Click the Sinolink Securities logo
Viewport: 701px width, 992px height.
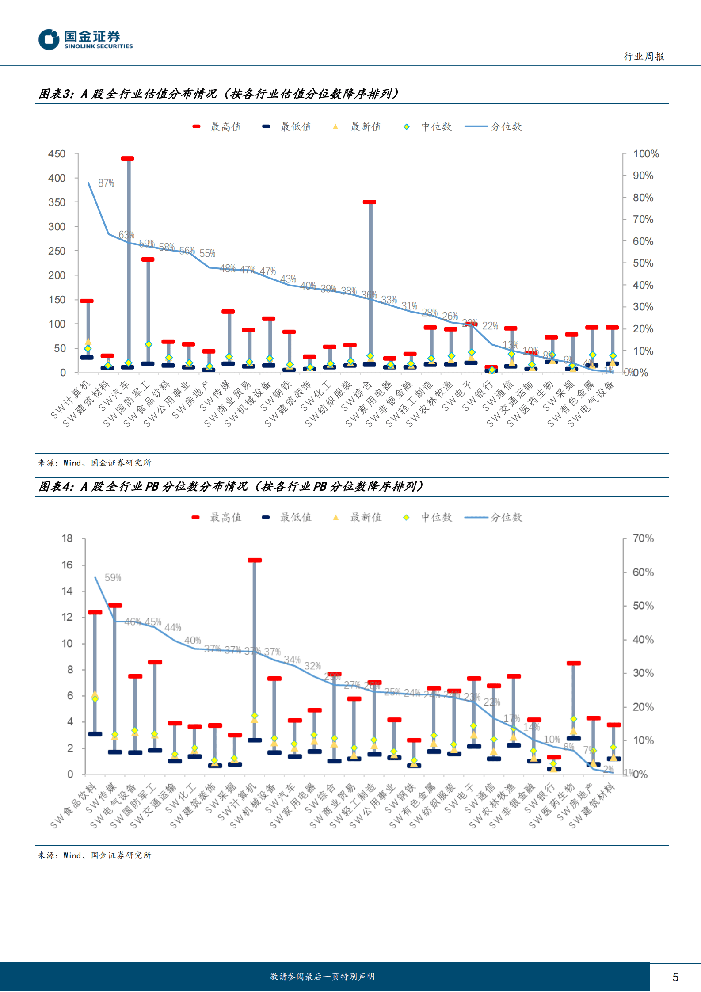[85, 39]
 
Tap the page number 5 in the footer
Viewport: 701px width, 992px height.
[675, 977]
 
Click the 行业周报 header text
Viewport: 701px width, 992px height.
[644, 57]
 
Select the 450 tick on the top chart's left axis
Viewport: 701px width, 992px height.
[57, 154]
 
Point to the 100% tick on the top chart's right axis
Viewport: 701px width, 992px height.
[646, 154]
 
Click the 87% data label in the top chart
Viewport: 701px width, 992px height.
[106, 183]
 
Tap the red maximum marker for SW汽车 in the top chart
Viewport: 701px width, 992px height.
[128, 159]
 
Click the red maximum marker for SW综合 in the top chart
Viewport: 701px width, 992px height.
[370, 202]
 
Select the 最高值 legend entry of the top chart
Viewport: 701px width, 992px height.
[217, 127]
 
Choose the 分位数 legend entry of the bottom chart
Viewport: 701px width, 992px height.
[493, 517]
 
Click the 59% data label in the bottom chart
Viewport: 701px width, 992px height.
[113, 577]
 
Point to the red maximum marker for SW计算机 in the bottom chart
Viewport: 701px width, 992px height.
[255, 560]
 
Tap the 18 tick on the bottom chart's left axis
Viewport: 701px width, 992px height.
[67, 538]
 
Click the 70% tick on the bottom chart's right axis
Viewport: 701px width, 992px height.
[643, 538]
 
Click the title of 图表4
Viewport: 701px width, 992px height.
[231, 487]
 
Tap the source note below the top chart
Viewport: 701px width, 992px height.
[95, 463]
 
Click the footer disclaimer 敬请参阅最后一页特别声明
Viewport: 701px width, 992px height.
[322, 977]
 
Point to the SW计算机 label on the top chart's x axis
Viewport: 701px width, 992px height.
[71, 399]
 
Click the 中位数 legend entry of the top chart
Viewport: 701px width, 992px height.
[428, 127]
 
